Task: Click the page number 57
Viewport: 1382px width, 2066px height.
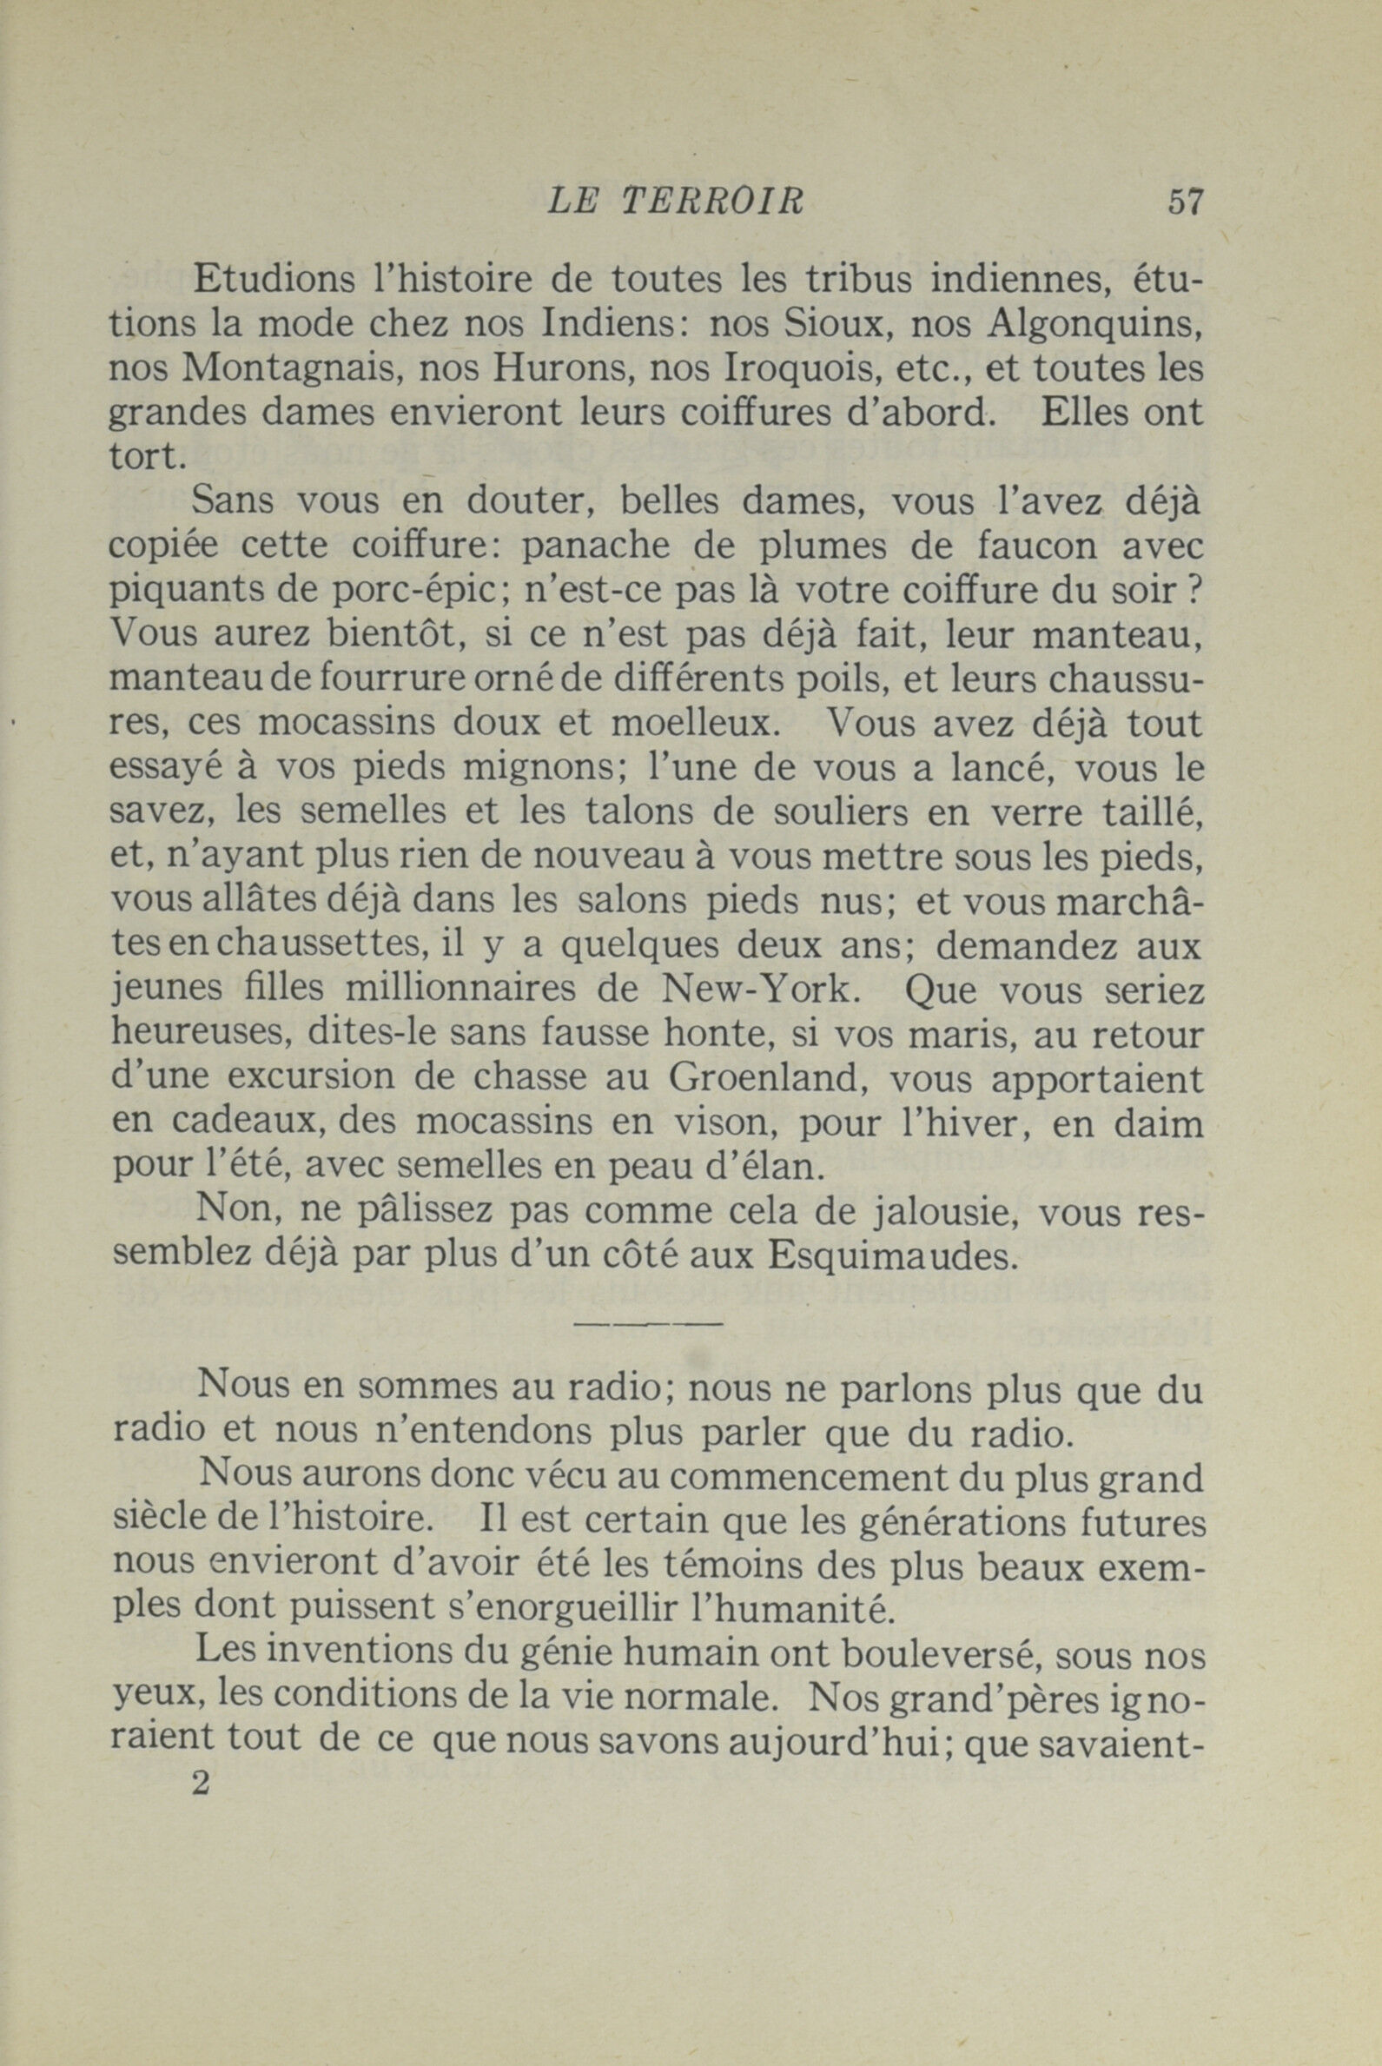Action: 1185,202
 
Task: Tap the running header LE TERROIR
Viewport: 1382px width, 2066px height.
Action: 676,202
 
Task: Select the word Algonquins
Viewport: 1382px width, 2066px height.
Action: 1094,325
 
